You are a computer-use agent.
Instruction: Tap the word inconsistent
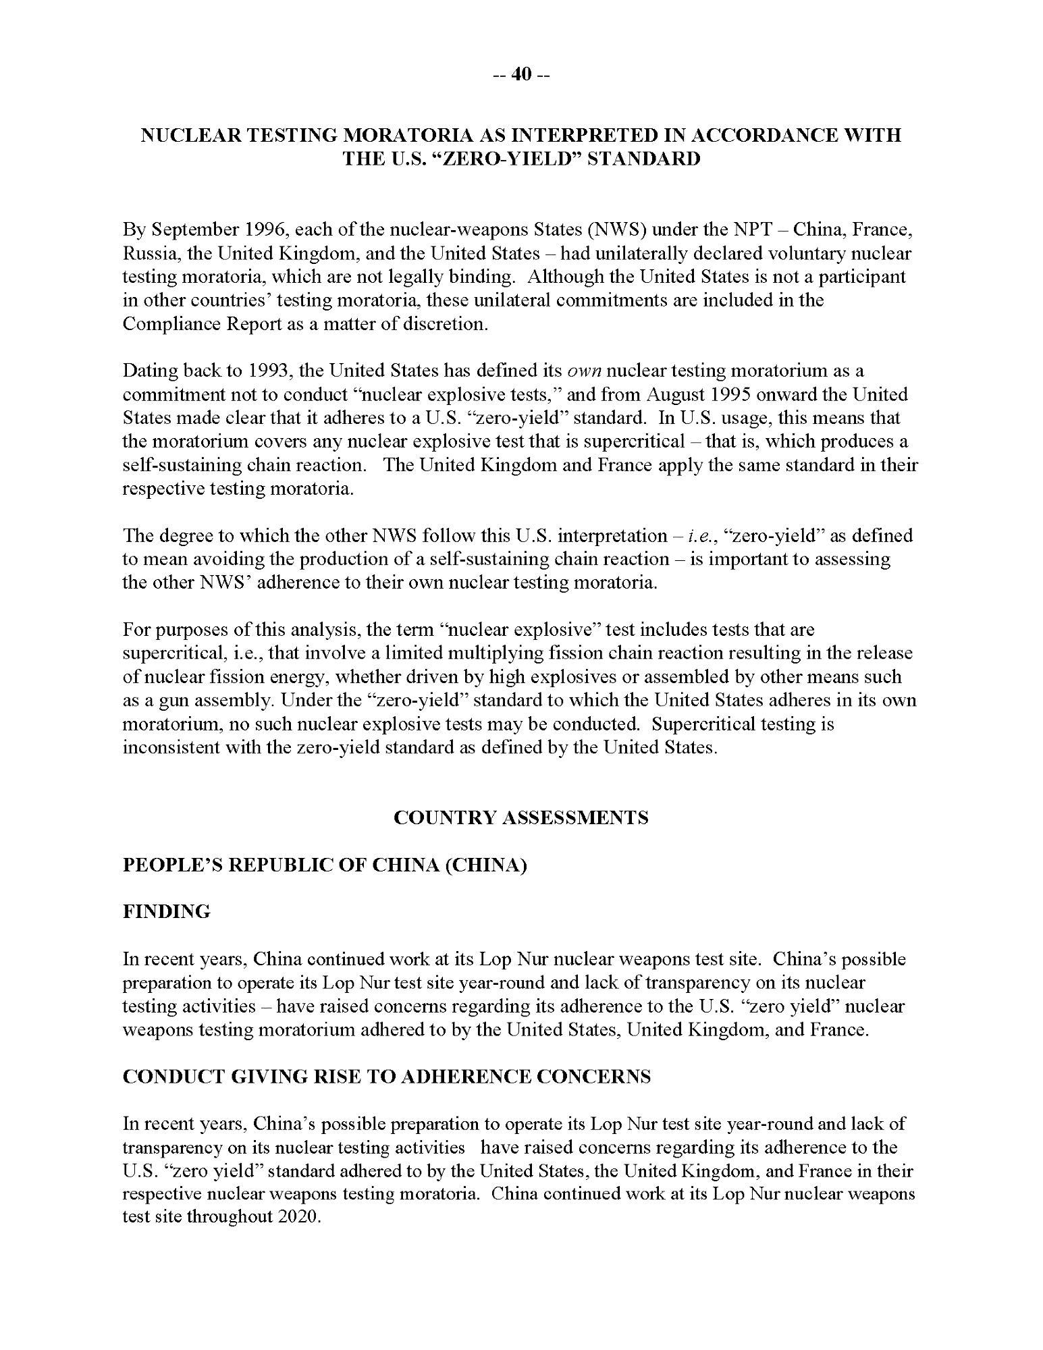167,748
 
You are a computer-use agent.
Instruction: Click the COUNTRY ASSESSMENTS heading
521,818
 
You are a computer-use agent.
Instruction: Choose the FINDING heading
166,913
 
